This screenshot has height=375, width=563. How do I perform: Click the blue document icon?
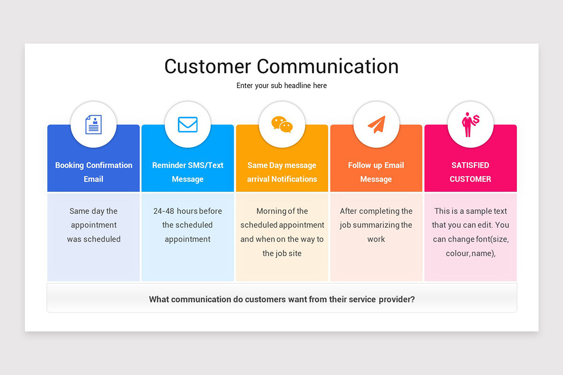pos(93,125)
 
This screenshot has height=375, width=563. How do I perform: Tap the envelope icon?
pos(188,125)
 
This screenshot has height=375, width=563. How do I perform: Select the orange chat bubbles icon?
pos(282,125)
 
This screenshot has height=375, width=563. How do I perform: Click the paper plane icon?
pos(376,124)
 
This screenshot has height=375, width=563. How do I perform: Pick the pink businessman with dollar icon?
pos(470,124)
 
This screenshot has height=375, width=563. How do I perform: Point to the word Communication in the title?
pos(327,67)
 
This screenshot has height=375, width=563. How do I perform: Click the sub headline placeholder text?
pos(281,86)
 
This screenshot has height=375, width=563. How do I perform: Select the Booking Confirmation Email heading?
pos(94,172)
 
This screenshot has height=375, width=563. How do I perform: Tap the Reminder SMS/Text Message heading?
pos(188,172)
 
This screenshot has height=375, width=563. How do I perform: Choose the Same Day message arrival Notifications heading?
pos(282,172)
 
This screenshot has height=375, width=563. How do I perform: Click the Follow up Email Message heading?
pos(376,172)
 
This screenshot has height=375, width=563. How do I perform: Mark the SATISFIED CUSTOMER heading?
pos(470,172)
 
